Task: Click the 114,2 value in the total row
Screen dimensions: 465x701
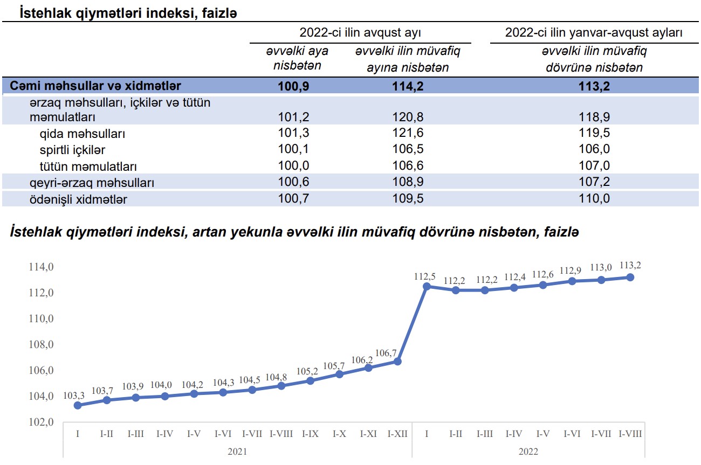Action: click(408, 86)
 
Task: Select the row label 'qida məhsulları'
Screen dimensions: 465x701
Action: click(79, 134)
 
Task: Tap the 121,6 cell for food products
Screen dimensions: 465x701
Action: click(408, 134)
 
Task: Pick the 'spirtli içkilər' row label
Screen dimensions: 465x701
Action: click(72, 150)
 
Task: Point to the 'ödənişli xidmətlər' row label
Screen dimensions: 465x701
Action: click(79, 199)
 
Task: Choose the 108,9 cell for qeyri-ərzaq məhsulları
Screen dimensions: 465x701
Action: click(408, 183)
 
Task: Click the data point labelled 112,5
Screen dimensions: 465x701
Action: click(427, 286)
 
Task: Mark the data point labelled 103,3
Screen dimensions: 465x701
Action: click(78, 405)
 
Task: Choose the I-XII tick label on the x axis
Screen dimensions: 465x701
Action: click(397, 434)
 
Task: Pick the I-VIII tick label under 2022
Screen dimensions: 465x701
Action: click(630, 434)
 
